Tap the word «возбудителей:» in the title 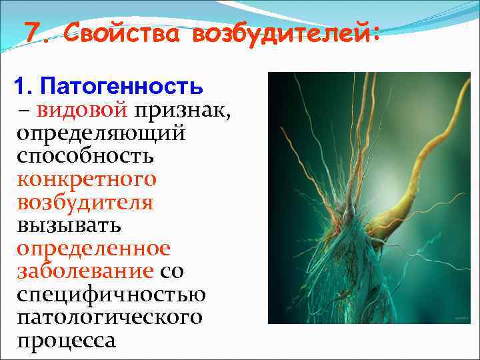pos(287,33)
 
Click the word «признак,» pos(183,111)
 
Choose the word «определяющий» pos(101,133)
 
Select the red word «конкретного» pos(87,179)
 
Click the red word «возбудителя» pos(85,202)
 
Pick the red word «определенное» pos(94,248)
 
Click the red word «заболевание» pos(85,271)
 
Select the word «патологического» pos(109,317)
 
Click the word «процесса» pos(67,340)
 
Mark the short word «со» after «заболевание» pos(172,271)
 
